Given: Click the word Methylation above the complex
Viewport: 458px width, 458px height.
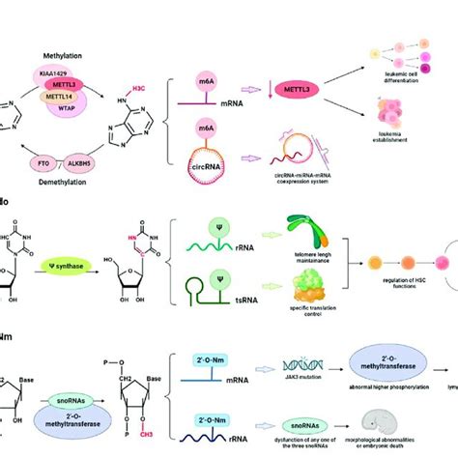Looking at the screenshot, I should pos(62,56).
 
